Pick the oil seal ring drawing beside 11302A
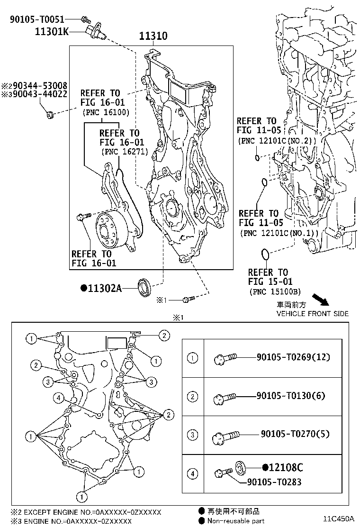pyautogui.click(x=144, y=286)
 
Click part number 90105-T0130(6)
pyautogui.click(x=291, y=395)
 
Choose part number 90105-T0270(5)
pyautogui.click(x=294, y=434)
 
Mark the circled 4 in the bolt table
pyautogui.click(x=192, y=473)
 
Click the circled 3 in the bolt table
pyautogui.click(x=192, y=435)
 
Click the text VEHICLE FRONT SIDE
pyautogui.click(x=313, y=314)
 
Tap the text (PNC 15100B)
pyautogui.click(x=274, y=291)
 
